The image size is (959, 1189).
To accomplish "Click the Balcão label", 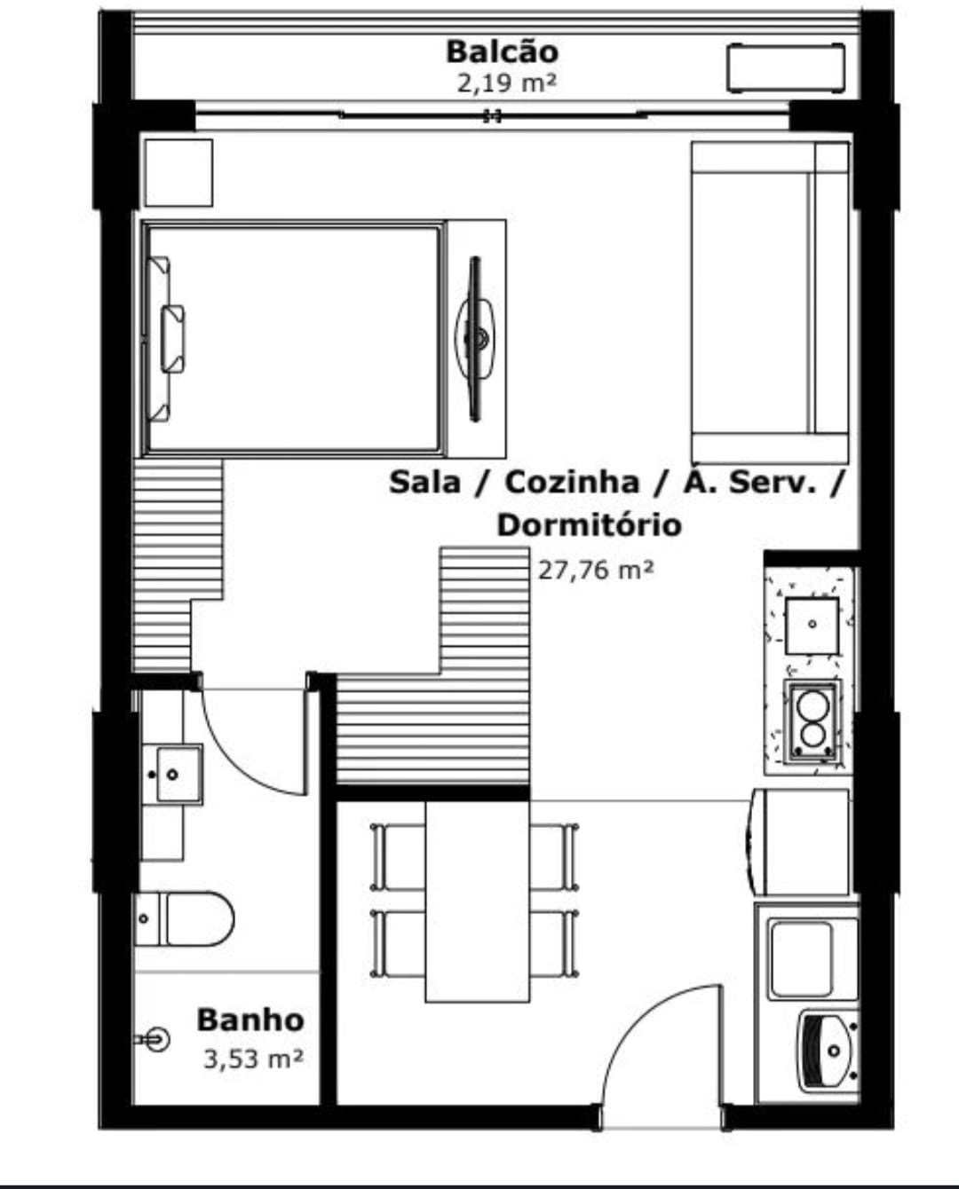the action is pos(503,52).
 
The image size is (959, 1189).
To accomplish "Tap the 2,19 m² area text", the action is pos(505,84).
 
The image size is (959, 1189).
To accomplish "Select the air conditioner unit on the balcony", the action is pos(785,67).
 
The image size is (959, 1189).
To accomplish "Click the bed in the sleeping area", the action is pos(294,339).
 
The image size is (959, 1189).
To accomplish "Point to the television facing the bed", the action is pos(474,338).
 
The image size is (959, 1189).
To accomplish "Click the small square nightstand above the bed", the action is pos(178,173).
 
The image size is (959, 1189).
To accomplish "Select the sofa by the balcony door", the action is pos(771,303).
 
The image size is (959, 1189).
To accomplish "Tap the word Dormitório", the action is pos(589,525).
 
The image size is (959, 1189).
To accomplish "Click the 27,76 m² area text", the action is pos(596,570).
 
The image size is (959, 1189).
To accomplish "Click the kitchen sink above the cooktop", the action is pos(812,626).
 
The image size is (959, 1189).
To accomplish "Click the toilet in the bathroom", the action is pos(184,919).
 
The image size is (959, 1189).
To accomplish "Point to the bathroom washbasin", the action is pos(172,774).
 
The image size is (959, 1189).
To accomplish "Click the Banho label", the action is pos(250,1020).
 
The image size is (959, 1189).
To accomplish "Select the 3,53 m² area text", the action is pos(254,1059).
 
